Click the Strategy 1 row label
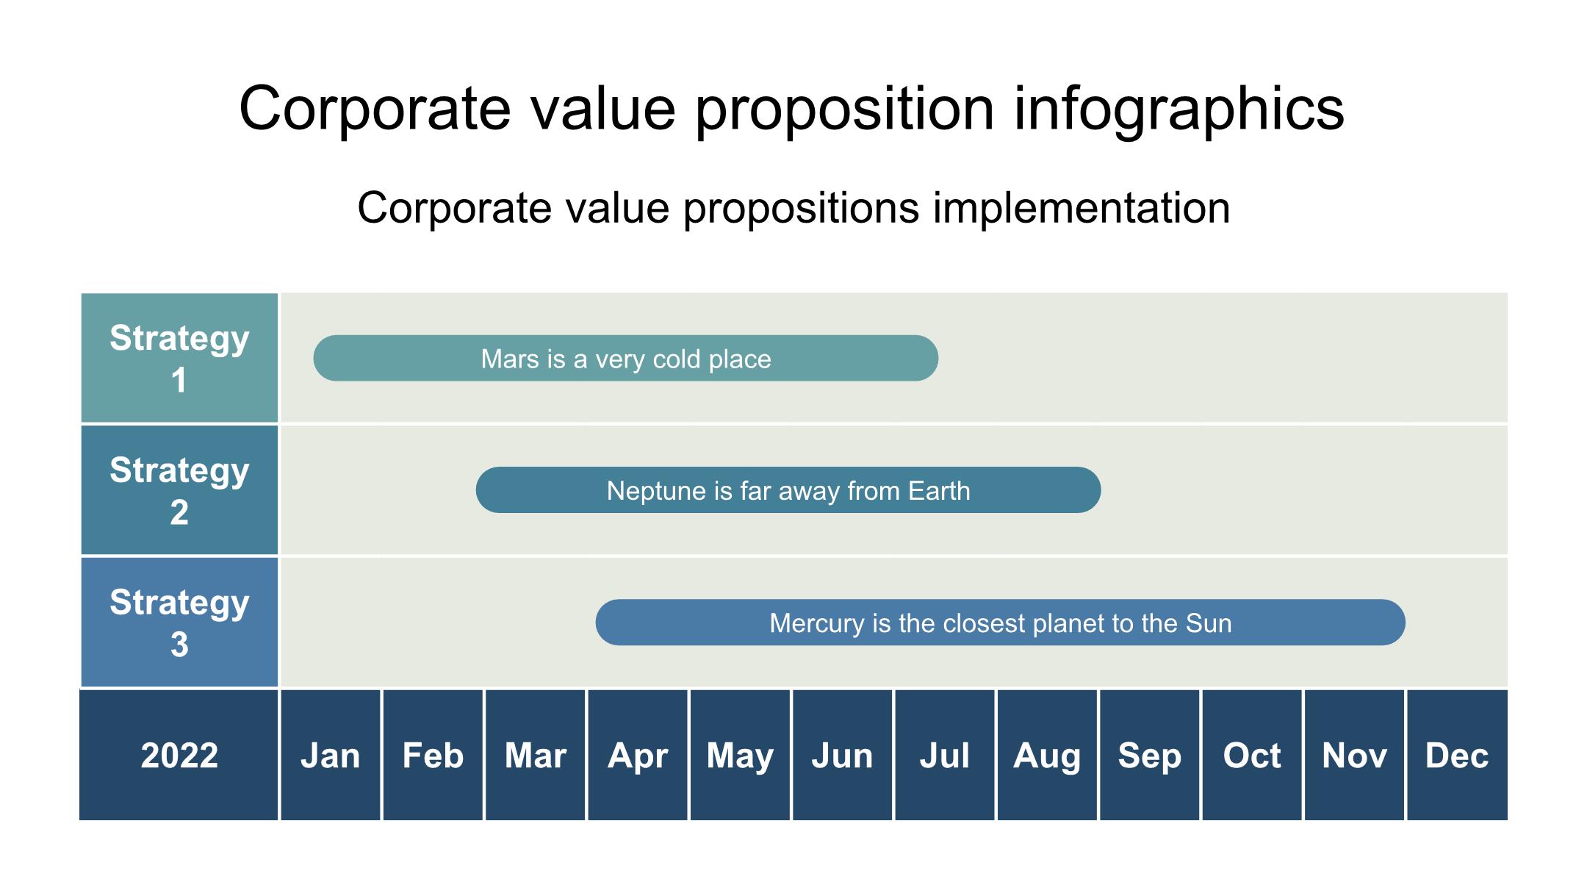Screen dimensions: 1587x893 [179, 358]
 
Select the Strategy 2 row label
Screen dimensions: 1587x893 [179, 490]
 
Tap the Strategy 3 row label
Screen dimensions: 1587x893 [179, 623]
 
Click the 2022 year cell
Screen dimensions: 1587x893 [179, 755]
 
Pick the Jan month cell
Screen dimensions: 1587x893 [331, 755]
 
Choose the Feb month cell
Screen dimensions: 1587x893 [433, 755]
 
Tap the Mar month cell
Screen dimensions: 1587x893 [536, 755]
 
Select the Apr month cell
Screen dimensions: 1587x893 [638, 755]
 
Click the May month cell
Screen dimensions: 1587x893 [740, 755]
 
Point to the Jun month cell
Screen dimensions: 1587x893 [843, 755]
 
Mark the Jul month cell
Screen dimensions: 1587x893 [945, 755]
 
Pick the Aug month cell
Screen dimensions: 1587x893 [1047, 755]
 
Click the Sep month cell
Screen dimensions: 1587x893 [1150, 755]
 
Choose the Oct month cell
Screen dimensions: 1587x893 [1252, 755]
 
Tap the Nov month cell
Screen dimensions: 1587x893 [1354, 755]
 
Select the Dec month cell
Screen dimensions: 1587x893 [1457, 755]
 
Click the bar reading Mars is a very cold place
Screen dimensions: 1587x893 [626, 358]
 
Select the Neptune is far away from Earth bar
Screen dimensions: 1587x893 [788, 490]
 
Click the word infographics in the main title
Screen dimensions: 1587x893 [1178, 109]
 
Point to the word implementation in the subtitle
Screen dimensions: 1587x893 [1082, 208]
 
